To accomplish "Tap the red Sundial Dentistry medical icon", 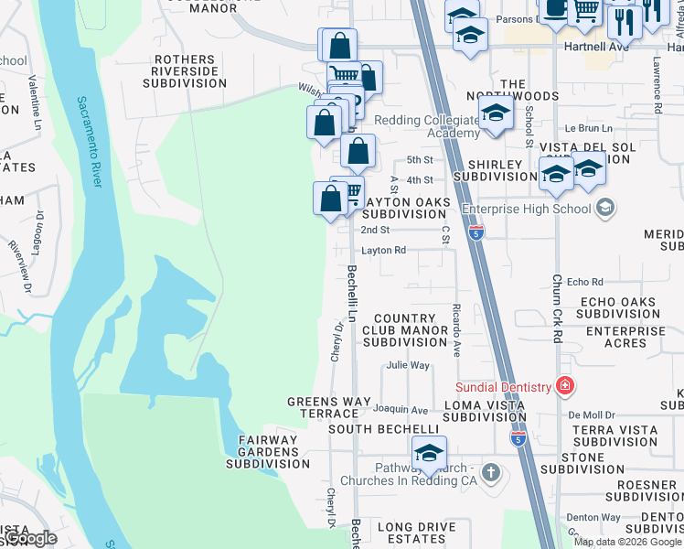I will click(565, 387).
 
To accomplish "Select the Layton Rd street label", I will click(383, 250).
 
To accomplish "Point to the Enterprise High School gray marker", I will click(604, 209).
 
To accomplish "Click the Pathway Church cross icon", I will click(491, 473).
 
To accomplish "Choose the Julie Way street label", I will click(408, 365).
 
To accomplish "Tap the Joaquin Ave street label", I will click(406, 410).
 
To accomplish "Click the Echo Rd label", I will click(585, 283).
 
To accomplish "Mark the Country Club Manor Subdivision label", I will click(404, 329).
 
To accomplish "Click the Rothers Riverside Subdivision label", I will click(185, 71).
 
